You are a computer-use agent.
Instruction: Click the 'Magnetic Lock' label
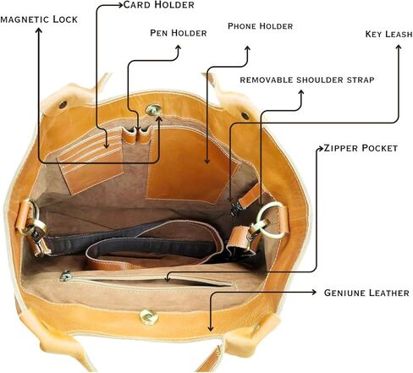[39, 19]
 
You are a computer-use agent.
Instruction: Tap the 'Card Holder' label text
[159, 5]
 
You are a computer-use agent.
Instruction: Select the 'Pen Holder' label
[179, 33]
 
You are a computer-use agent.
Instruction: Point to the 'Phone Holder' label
[260, 26]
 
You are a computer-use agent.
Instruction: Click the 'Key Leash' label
[388, 34]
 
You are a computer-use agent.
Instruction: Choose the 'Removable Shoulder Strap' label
[307, 80]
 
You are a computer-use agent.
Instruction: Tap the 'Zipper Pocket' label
[361, 148]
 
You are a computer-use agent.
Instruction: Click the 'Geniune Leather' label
[366, 293]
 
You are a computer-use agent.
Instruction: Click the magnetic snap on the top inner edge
[154, 109]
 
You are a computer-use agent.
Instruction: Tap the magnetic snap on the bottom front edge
[149, 317]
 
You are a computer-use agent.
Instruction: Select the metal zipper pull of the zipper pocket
[66, 276]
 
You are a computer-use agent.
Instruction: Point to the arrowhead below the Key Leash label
[399, 47]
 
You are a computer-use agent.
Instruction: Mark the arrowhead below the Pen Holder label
[178, 48]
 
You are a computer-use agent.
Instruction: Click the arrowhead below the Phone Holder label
[247, 49]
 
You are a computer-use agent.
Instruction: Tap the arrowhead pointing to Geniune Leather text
[314, 293]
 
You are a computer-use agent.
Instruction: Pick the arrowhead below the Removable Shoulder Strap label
[301, 93]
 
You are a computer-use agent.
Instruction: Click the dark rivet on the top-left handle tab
[63, 105]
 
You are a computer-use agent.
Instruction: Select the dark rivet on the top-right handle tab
[245, 115]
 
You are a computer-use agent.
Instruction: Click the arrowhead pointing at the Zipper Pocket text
[320, 148]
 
